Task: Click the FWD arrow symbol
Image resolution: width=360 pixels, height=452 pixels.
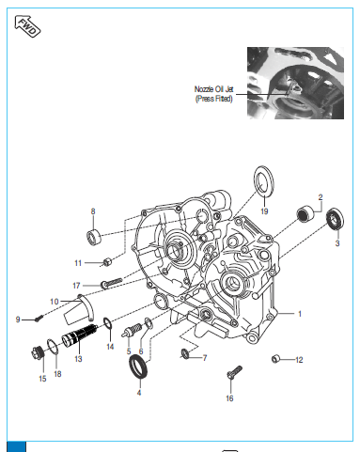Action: tap(27, 26)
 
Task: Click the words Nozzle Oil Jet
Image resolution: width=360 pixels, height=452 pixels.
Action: tap(214, 89)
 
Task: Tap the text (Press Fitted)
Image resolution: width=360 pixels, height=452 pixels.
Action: tap(214, 99)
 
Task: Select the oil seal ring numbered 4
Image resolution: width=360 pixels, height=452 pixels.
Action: tap(138, 366)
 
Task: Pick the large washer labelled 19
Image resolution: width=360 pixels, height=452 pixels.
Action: tap(263, 181)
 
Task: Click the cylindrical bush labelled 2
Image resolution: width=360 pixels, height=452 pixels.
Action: tap(305, 213)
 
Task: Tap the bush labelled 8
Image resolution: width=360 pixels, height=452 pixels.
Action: tap(94, 238)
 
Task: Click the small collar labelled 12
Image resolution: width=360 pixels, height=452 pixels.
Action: tap(275, 359)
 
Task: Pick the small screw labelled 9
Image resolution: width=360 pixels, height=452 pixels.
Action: tap(39, 319)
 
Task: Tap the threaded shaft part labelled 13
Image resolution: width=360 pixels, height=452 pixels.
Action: tap(79, 335)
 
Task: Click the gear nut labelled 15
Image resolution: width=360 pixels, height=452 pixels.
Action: tap(38, 352)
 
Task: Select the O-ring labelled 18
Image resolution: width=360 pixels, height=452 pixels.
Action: tap(53, 347)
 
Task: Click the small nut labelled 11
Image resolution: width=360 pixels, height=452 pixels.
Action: tap(106, 261)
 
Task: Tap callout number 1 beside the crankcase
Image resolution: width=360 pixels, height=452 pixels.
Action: tap(300, 314)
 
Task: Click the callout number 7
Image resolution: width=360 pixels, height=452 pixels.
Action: tap(205, 358)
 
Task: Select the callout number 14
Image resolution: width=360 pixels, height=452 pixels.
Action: tap(110, 347)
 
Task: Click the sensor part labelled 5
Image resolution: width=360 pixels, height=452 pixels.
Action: tap(132, 331)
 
